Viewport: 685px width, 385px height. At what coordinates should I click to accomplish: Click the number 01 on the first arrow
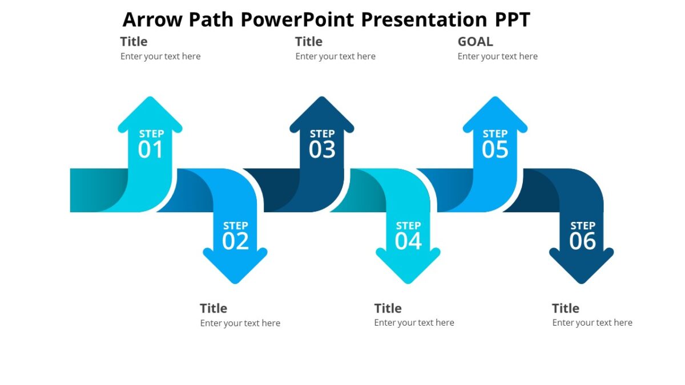[x=151, y=150]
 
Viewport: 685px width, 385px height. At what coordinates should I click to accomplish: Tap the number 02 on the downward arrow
[x=235, y=241]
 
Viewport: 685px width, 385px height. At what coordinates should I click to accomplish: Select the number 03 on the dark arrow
[x=322, y=150]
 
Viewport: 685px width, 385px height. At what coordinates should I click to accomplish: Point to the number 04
[x=408, y=241]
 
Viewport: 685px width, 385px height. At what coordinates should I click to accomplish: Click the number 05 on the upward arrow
[x=495, y=150]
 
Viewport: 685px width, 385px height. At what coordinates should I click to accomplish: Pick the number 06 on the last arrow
[x=582, y=241]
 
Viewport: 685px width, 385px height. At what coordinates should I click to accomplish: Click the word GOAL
[x=475, y=42]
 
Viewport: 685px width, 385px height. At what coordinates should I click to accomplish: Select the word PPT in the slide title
[x=513, y=19]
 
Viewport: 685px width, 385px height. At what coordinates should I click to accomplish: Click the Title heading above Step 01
[x=134, y=42]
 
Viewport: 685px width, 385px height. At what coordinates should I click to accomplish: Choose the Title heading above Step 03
[x=308, y=42]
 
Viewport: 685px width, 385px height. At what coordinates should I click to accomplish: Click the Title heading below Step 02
[x=213, y=309]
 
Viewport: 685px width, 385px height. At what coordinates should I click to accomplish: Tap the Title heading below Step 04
[x=388, y=309]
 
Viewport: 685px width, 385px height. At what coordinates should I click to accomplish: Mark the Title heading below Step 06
[x=565, y=309]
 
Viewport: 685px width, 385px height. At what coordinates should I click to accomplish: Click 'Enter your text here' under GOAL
[x=497, y=56]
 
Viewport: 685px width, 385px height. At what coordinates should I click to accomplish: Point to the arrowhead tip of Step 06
[x=581, y=282]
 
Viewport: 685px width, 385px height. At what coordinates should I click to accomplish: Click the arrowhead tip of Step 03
[x=322, y=99]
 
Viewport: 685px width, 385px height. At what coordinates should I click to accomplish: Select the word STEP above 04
[x=408, y=226]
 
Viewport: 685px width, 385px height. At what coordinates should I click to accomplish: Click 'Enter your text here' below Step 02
[x=240, y=323]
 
